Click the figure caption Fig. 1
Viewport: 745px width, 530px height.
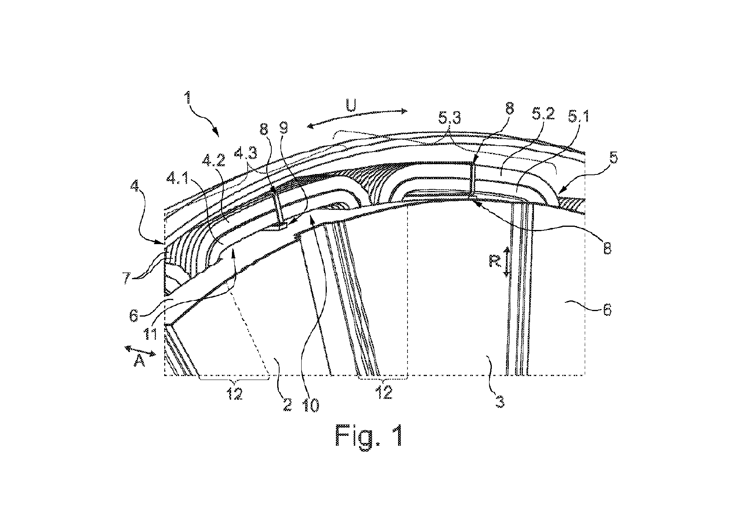click(x=369, y=435)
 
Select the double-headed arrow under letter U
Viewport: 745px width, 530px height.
click(x=357, y=119)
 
